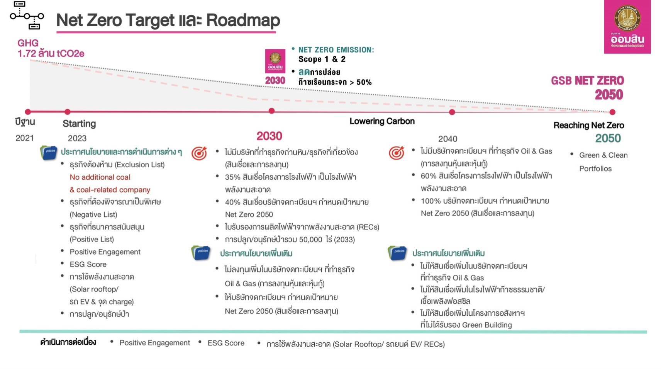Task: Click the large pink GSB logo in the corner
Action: [627, 27]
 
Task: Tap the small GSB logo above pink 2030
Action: [275, 61]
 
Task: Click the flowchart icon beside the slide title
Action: [27, 15]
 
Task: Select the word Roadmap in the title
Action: [243, 20]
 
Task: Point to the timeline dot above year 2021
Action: [28, 112]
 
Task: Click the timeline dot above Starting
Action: [67, 112]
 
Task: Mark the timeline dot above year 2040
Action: [452, 112]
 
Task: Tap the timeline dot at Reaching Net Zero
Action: [612, 112]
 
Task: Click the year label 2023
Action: [77, 138]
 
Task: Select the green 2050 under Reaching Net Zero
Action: [608, 138]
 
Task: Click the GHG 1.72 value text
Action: [51, 48]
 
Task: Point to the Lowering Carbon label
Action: [382, 121]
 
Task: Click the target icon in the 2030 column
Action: [199, 153]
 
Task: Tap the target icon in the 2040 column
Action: [396, 153]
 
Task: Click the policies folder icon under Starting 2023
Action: [49, 153]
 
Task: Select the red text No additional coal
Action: [100, 177]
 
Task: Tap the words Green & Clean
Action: [603, 155]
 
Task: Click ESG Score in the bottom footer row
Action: [226, 343]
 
